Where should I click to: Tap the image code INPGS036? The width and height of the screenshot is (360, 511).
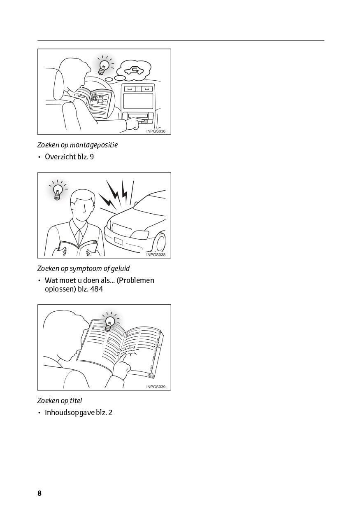[x=156, y=131]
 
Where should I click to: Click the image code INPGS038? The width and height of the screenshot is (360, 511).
[x=156, y=255]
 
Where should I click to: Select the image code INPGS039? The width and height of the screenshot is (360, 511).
[x=156, y=387]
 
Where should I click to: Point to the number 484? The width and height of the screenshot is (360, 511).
[x=96, y=289]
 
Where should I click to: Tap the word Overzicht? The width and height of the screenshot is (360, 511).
[x=60, y=157]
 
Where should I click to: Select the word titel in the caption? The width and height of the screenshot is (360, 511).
[x=76, y=401]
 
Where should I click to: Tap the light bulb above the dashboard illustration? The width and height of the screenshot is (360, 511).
[x=103, y=67]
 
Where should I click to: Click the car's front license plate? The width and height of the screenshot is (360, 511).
[x=118, y=241]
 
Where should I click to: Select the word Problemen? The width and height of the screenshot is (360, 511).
[x=135, y=280]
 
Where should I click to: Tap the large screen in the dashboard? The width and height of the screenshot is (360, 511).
[x=138, y=101]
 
